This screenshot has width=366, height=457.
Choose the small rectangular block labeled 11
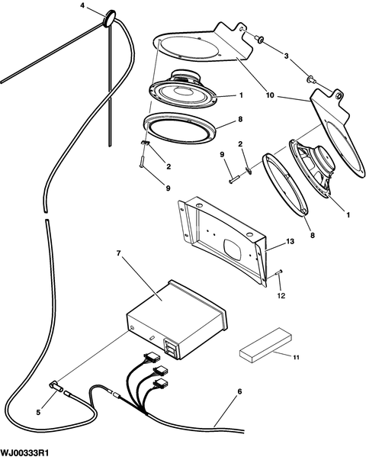[x=265, y=347]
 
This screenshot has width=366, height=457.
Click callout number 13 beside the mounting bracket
[x=290, y=242]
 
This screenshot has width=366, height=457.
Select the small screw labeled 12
[x=277, y=272]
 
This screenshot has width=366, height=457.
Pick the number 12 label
[x=281, y=294]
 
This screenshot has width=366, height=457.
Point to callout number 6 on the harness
[x=239, y=392]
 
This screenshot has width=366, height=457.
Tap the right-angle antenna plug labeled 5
[x=58, y=387]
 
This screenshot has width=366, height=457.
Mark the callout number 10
[x=269, y=97]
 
